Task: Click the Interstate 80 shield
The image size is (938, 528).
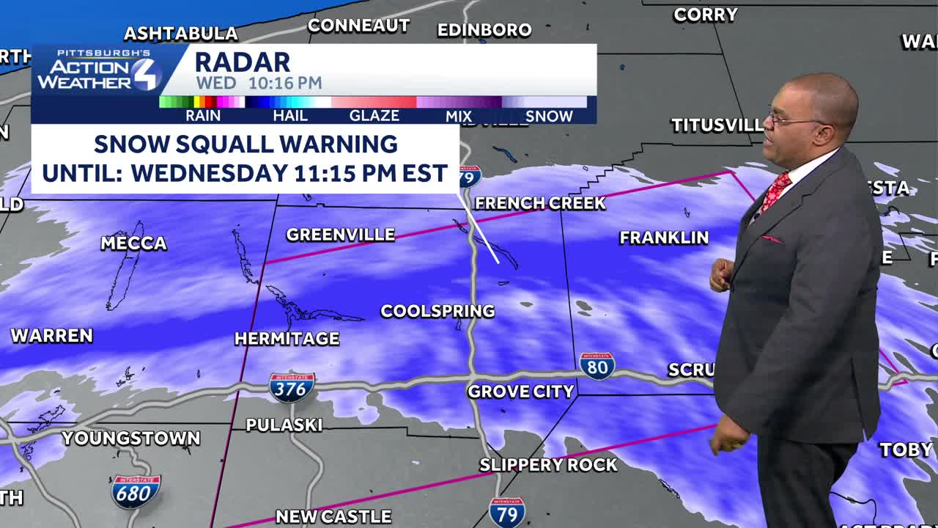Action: pyautogui.click(x=597, y=365)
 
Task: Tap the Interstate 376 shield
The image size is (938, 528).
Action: pyautogui.click(x=292, y=387)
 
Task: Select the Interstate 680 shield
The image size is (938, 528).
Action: pyautogui.click(x=136, y=491)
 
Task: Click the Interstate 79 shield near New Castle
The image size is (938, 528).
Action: pyautogui.click(x=507, y=513)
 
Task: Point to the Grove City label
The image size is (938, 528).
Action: pyautogui.click(x=520, y=392)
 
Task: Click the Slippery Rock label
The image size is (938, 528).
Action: pyautogui.click(x=548, y=464)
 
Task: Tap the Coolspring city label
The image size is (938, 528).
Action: pyautogui.click(x=437, y=311)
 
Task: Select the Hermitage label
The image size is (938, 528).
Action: pyautogui.click(x=287, y=338)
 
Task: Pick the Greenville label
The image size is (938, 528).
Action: pyautogui.click(x=340, y=235)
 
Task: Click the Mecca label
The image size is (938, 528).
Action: pyautogui.click(x=133, y=243)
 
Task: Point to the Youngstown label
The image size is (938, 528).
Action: pyautogui.click(x=130, y=439)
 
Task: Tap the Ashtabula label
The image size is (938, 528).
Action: pyautogui.click(x=180, y=34)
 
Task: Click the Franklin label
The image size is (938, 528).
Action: pyautogui.click(x=664, y=237)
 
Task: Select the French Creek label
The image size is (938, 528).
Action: pyautogui.click(x=540, y=203)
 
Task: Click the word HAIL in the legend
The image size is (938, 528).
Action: pyautogui.click(x=290, y=116)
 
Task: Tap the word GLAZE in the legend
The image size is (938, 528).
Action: pyautogui.click(x=374, y=116)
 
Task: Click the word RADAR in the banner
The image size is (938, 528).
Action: pyautogui.click(x=242, y=62)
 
